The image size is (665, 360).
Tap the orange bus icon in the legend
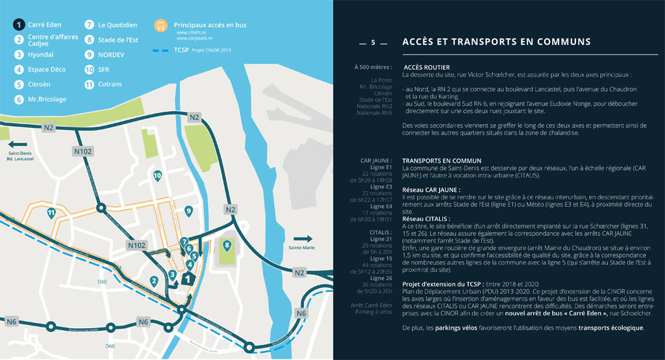tap(160, 26)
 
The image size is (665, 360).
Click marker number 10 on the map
tap(157, 175)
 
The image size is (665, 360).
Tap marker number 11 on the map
tap(51, 212)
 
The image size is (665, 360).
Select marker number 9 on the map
tap(188, 211)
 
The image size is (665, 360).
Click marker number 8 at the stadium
tap(226, 246)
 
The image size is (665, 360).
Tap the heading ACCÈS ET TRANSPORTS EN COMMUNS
tap(496, 42)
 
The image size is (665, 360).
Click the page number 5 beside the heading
tap(373, 43)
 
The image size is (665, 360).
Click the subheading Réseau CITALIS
tap(423, 219)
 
